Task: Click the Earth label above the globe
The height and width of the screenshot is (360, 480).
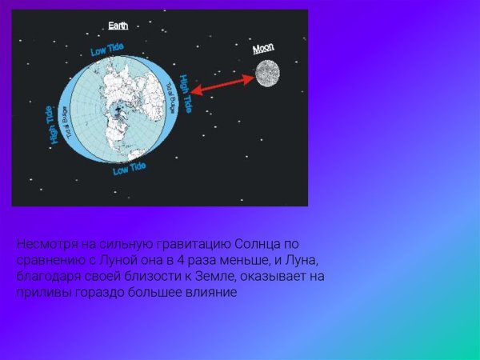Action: pyautogui.click(x=118, y=26)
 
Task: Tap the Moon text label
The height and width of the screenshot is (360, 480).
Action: pyautogui.click(x=263, y=49)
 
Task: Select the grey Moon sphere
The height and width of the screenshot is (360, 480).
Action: pyautogui.click(x=266, y=74)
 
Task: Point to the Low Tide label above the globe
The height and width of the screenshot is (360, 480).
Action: pyautogui.click(x=106, y=50)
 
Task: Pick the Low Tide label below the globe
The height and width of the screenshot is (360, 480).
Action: pyautogui.click(x=129, y=169)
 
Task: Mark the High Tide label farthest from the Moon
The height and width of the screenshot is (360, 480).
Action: pyautogui.click(x=55, y=126)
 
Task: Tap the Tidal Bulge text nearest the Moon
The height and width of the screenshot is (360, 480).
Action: pyautogui.click(x=170, y=96)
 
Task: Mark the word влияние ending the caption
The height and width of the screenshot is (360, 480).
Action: pyautogui.click(x=211, y=293)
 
